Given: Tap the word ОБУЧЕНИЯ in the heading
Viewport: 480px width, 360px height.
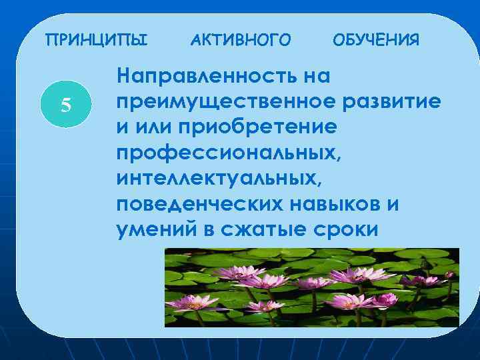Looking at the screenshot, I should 376,41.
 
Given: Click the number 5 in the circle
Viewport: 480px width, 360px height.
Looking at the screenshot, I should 65,105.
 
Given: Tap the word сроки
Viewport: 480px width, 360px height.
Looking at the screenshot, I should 345,229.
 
